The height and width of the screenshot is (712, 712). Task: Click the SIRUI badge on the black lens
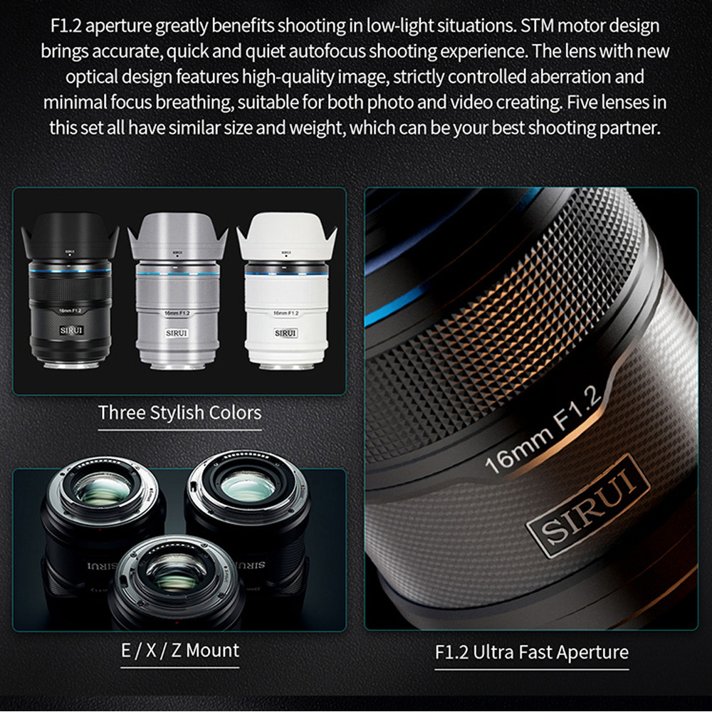[71, 330]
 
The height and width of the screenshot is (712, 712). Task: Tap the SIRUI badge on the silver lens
[177, 333]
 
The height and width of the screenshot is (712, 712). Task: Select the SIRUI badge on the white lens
[286, 333]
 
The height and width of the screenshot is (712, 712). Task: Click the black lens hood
[70, 236]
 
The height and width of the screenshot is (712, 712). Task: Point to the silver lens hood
[177, 236]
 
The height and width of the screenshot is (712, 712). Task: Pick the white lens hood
[286, 236]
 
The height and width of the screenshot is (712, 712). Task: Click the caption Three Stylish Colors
[180, 413]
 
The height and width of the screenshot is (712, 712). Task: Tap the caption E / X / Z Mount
[180, 650]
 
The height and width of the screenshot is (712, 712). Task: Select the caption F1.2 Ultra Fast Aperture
[532, 652]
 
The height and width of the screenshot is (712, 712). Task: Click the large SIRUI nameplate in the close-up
[588, 505]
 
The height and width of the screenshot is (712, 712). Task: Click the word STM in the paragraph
[537, 26]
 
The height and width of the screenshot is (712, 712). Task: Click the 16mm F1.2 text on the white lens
[286, 313]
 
